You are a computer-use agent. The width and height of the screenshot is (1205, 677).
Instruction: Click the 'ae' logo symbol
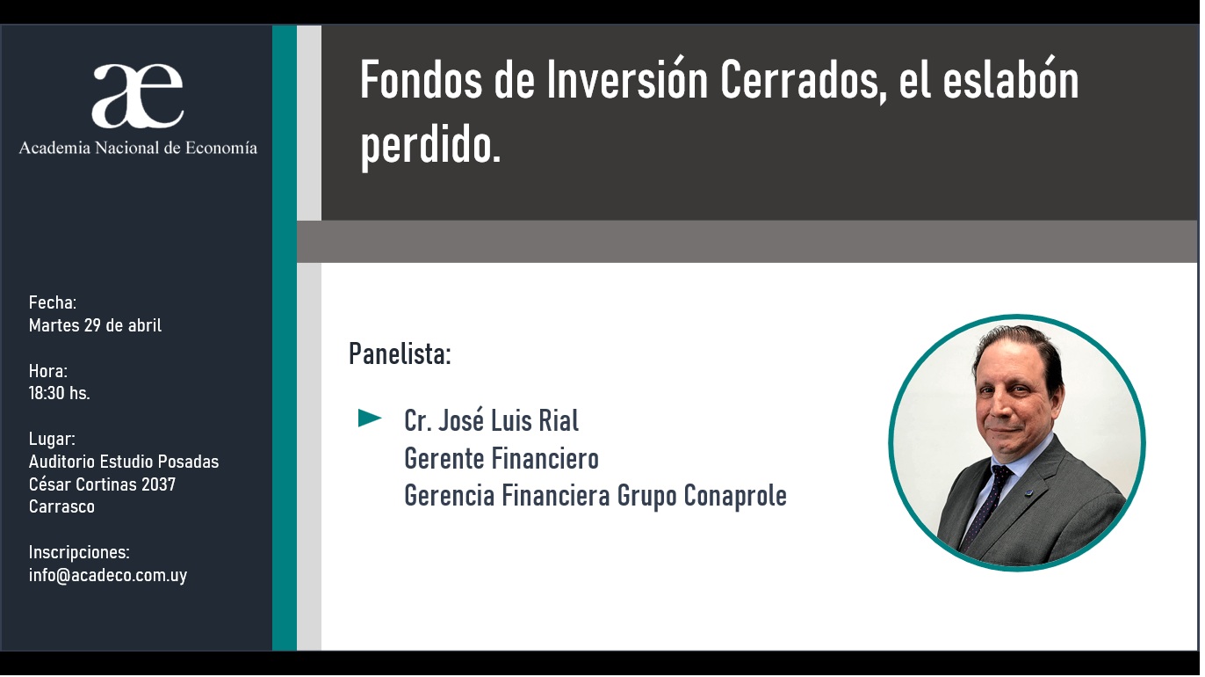[x=138, y=95]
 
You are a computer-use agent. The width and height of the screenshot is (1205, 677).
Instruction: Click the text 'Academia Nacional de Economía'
[x=138, y=148]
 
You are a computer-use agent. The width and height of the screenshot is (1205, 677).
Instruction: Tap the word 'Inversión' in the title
[x=627, y=80]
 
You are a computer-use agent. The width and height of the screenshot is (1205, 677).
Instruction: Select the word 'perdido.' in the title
[x=430, y=145]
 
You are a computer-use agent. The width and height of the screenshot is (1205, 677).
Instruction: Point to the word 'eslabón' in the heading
[x=1011, y=80]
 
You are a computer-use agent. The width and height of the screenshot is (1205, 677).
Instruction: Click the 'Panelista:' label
[x=400, y=353]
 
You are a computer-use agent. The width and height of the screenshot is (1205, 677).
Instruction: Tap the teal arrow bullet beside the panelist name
[x=370, y=418]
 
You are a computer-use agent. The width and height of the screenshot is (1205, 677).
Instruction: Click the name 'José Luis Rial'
[x=509, y=420]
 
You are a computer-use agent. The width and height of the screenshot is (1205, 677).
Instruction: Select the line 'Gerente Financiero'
[x=501, y=459]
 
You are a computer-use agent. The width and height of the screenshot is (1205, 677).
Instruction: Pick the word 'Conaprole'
[x=735, y=496]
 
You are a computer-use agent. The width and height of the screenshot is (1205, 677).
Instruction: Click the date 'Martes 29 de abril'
[x=95, y=325]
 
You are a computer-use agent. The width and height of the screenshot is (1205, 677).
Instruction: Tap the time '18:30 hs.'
[x=59, y=393]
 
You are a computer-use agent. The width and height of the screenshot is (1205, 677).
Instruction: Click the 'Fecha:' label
[x=53, y=302]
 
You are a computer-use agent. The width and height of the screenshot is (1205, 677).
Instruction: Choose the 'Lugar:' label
[x=52, y=439]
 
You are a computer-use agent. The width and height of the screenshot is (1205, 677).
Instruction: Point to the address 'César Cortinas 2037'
[x=102, y=484]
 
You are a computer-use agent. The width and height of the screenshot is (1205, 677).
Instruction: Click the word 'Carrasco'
[x=61, y=506]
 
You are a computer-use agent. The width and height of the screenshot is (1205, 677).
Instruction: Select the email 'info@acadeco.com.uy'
[x=108, y=575]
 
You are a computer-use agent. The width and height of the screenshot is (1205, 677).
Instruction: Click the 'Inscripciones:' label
[x=79, y=552]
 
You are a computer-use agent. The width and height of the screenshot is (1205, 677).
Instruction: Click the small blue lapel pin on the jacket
[x=1029, y=491]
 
